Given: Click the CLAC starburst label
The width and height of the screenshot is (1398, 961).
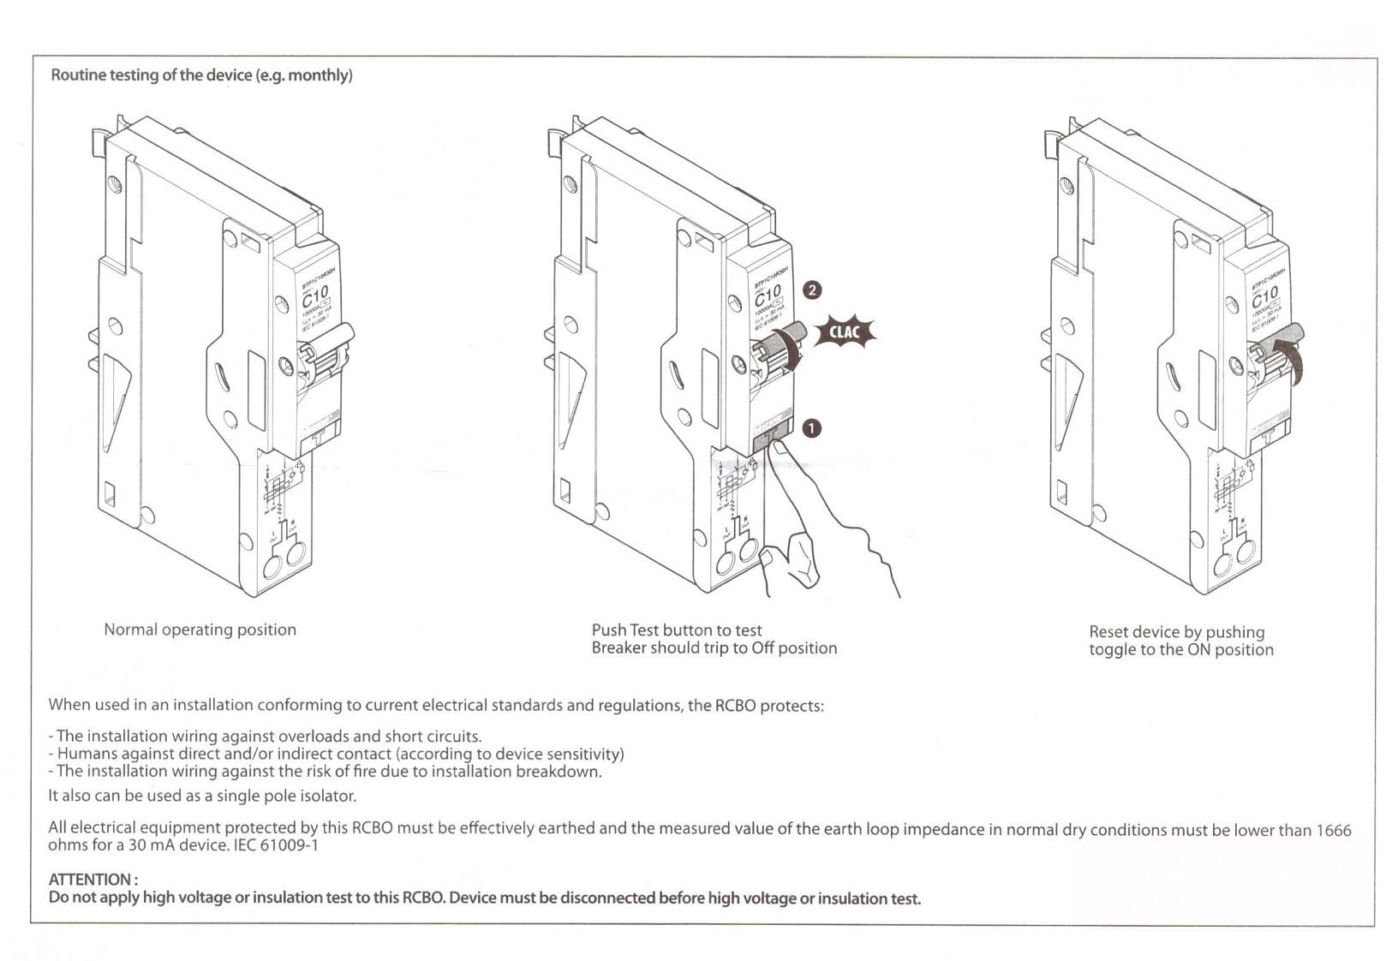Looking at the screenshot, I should pyautogui.click(x=844, y=332).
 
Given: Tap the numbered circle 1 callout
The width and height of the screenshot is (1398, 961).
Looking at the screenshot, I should pyautogui.click(x=810, y=427).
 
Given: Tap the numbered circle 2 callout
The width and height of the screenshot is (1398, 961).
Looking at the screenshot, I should pyautogui.click(x=811, y=290).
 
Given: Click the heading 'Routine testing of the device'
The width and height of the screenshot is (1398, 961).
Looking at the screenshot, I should pyautogui.click(x=201, y=75).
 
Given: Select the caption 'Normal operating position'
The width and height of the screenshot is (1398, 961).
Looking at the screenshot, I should pyautogui.click(x=200, y=630).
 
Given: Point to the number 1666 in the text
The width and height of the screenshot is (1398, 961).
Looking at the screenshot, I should pyautogui.click(x=1333, y=830).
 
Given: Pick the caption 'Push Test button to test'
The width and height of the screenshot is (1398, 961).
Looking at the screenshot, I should pyautogui.click(x=676, y=630).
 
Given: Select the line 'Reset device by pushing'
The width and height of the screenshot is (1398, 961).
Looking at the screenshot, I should pyautogui.click(x=1176, y=632).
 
